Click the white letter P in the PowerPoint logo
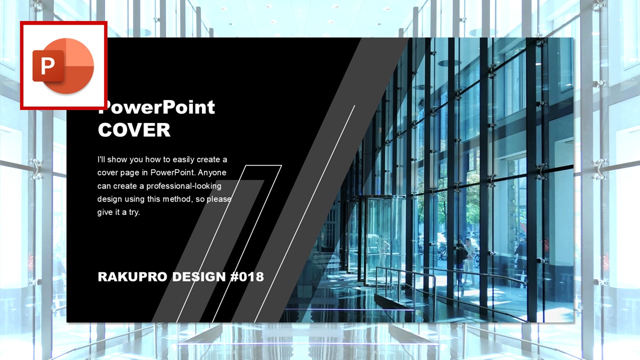point(47,66)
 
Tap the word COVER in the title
point(134,130)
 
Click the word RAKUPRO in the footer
point(132,277)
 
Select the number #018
point(247,277)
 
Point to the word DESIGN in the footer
point(199,277)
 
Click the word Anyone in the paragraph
point(212,172)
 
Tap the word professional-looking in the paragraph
point(183,186)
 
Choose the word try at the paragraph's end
point(133,212)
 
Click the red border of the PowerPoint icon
point(63,22)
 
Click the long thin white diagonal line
point(304,213)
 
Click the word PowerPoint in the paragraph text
point(172,172)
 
